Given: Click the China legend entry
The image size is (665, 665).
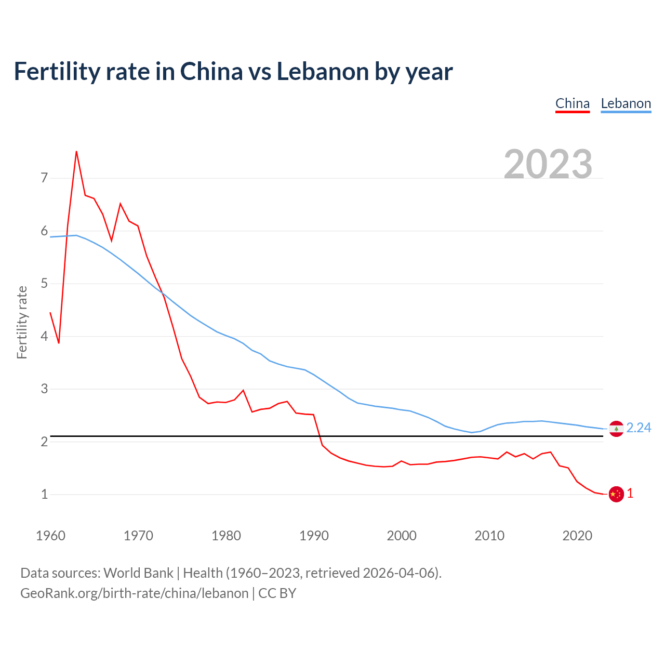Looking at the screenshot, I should (573, 103).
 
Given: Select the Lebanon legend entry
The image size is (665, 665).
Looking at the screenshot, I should (626, 103).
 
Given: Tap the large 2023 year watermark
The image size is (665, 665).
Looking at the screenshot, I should (548, 164).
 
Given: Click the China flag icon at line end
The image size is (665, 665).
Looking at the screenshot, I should (616, 494).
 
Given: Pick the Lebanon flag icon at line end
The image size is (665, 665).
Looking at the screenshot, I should (616, 429).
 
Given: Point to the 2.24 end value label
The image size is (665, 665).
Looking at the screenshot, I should (639, 428).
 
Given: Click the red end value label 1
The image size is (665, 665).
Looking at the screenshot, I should (630, 494).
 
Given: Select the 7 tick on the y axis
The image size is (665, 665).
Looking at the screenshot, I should (44, 178).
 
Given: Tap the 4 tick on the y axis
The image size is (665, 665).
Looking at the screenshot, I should (44, 336).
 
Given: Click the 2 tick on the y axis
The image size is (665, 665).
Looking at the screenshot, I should (44, 442).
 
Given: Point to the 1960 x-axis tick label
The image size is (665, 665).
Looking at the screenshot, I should (50, 536).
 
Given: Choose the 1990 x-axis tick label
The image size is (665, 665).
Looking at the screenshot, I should (314, 536).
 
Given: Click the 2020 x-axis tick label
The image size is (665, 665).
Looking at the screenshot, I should (577, 536).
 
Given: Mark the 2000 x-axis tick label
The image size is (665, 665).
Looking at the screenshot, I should (402, 536).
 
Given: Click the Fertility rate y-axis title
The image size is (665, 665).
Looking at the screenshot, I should (22, 322).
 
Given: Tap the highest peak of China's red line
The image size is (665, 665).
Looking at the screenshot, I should (76, 152).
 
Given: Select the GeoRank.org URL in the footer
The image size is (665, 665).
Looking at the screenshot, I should (135, 593).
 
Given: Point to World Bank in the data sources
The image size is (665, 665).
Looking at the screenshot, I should (138, 573).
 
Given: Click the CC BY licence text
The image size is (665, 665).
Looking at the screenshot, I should (277, 593).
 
